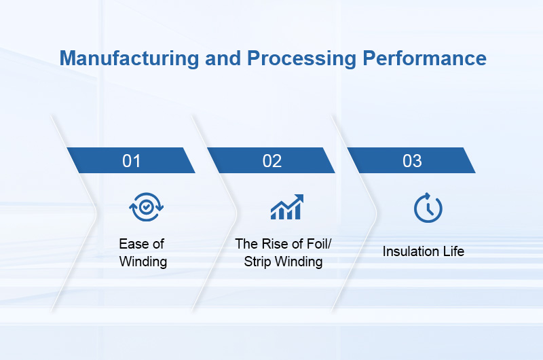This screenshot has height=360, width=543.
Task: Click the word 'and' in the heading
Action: click(224, 58)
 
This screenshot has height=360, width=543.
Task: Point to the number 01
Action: click(131, 161)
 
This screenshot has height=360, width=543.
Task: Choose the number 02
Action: click(271, 161)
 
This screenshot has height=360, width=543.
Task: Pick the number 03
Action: click(412, 161)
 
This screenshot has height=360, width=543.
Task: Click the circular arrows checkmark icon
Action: click(147, 207)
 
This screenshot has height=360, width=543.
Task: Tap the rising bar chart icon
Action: click(286, 207)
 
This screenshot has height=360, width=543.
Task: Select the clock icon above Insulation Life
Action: click(428, 208)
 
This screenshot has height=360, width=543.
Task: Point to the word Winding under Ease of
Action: click(143, 262)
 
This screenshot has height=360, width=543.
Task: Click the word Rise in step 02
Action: click(273, 244)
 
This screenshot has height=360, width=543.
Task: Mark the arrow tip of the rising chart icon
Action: click(299, 198)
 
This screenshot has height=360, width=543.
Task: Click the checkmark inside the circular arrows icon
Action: click(147, 207)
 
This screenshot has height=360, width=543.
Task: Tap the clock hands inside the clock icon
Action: click(429, 209)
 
